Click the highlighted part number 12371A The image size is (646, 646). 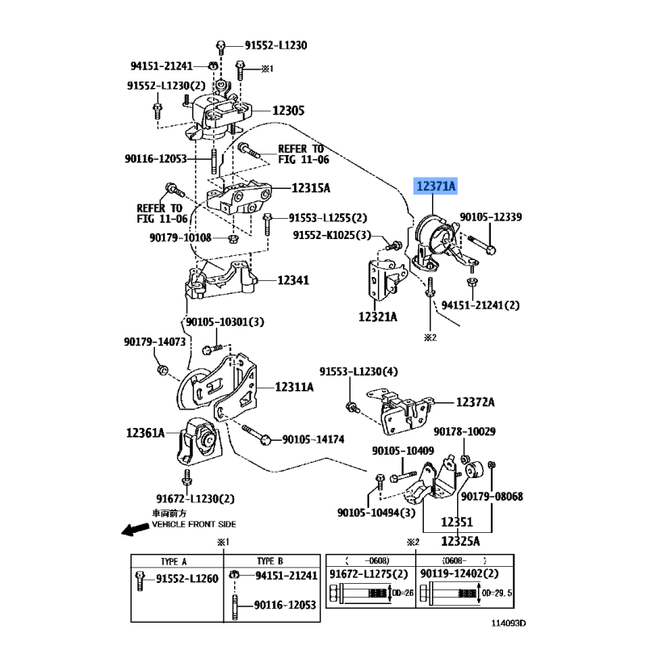(436, 187)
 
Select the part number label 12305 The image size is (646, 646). (287, 111)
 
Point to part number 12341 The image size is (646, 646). (294, 280)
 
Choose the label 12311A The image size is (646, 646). (294, 388)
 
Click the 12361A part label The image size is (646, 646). (145, 434)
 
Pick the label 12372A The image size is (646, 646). (475, 401)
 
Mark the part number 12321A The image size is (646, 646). (378, 317)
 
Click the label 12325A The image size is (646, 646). (460, 540)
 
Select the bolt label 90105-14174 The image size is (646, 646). (313, 439)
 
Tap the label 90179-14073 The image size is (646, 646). (155, 342)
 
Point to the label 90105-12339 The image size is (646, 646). (491, 216)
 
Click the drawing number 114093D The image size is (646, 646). (509, 623)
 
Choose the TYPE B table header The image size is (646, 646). (271, 560)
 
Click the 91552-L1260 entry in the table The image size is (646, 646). (187, 578)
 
